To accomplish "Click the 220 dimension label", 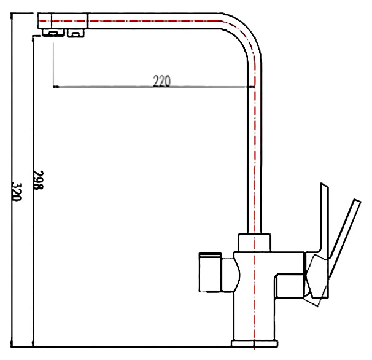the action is click(162, 81).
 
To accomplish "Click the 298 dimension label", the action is click(38, 180).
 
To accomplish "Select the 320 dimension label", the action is click(17, 192).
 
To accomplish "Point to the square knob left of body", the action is click(210, 272).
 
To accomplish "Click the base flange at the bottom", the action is click(254, 343).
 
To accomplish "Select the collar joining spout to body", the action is click(254, 243).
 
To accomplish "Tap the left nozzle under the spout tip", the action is click(53, 33).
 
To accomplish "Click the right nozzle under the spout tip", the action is click(76, 33).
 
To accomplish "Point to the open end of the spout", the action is click(39, 21).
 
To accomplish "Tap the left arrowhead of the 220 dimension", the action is click(55, 87).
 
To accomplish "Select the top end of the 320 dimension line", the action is click(12, 14).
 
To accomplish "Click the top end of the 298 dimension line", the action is click(33, 37).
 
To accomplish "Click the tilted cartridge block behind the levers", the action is click(317, 280).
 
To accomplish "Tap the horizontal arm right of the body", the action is click(290, 286).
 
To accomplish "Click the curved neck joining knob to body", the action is click(231, 275).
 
